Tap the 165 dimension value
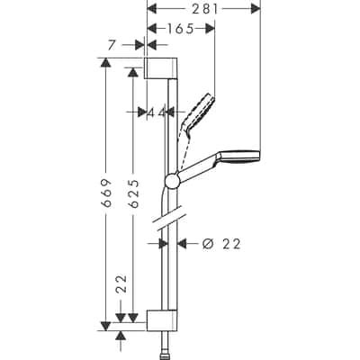(182, 29)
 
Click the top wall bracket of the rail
(162, 68)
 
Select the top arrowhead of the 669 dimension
(105, 64)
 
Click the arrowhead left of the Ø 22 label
(183, 243)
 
